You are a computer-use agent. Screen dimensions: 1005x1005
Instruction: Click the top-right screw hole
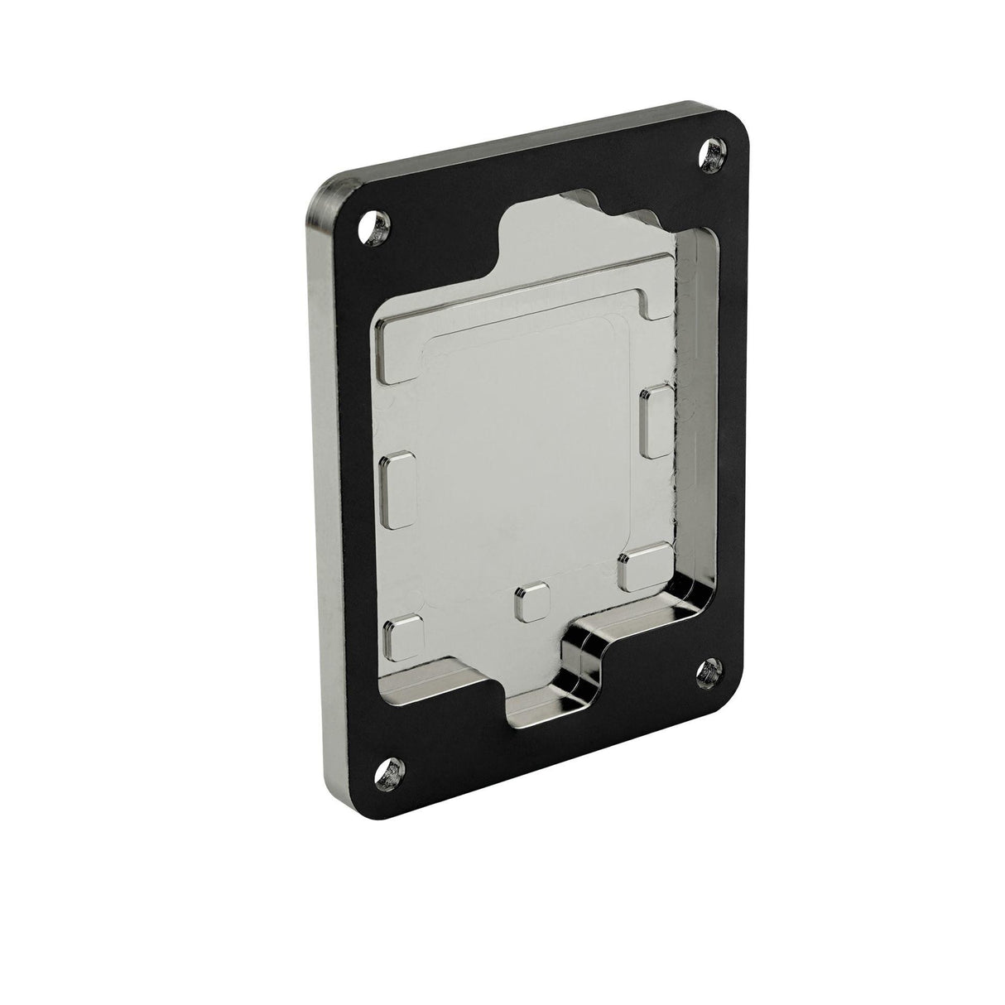coord(714,154)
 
